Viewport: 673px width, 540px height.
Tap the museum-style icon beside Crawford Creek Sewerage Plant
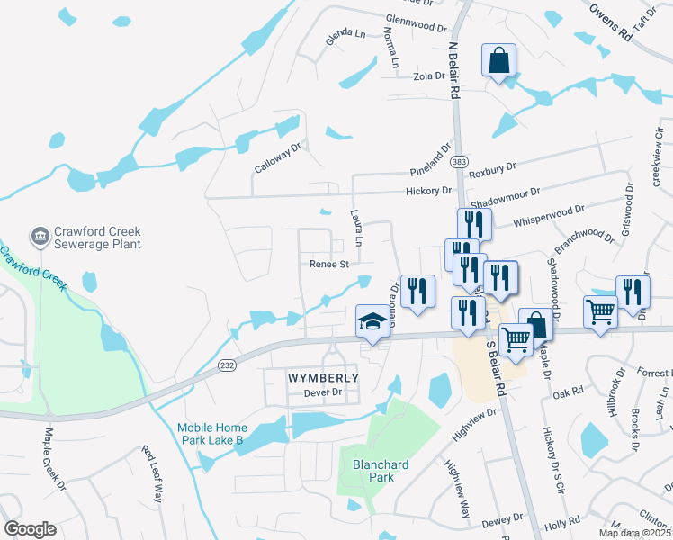click(40, 237)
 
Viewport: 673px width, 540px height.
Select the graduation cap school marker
click(372, 321)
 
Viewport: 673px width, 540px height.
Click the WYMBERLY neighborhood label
click(323, 378)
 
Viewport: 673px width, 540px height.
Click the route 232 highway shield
click(229, 364)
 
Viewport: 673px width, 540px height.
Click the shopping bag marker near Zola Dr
click(498, 61)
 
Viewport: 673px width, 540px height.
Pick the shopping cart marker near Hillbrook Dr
click(600, 312)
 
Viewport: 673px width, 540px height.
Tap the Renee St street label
click(328, 265)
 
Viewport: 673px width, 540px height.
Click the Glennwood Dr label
click(417, 22)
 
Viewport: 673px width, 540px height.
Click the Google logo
click(31, 529)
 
